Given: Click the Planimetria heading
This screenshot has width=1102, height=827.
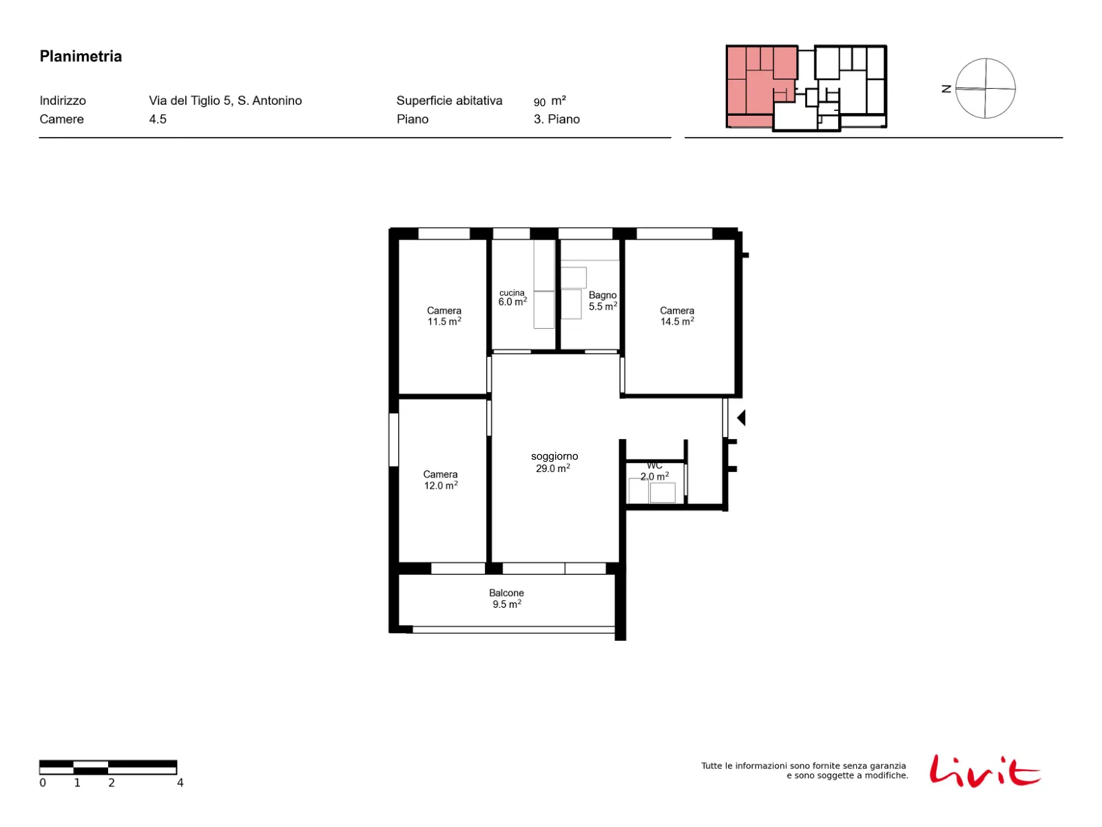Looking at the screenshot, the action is pyautogui.click(x=81, y=57).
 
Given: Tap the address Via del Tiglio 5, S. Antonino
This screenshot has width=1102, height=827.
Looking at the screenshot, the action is pyautogui.click(x=225, y=101).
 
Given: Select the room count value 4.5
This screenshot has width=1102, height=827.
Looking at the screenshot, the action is pyautogui.click(x=158, y=119).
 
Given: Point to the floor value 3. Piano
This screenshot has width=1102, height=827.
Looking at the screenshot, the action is pyautogui.click(x=557, y=119).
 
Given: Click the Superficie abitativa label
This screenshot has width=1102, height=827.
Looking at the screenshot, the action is pyautogui.click(x=449, y=101).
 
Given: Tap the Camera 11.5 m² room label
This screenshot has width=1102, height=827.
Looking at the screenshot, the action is pyautogui.click(x=444, y=316).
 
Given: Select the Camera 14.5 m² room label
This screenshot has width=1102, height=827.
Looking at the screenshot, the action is pyautogui.click(x=677, y=316).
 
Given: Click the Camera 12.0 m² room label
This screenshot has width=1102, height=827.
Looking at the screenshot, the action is pyautogui.click(x=440, y=480).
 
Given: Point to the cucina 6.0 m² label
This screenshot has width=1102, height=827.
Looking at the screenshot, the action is pyautogui.click(x=512, y=297).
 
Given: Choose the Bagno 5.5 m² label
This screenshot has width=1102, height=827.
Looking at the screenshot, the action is pyautogui.click(x=603, y=300).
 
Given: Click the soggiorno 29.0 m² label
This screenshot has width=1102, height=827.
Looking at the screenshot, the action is pyautogui.click(x=554, y=462).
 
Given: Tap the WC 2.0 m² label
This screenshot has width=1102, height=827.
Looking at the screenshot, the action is pyautogui.click(x=654, y=471).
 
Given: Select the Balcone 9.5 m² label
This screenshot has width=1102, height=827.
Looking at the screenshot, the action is pyautogui.click(x=506, y=598).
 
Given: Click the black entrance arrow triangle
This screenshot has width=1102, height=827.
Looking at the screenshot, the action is pyautogui.click(x=741, y=417).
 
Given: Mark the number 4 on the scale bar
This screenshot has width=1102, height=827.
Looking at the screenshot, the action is pyautogui.click(x=180, y=782).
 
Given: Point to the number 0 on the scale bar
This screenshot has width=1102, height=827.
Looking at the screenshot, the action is pyautogui.click(x=43, y=782).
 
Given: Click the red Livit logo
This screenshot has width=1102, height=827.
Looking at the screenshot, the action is pyautogui.click(x=984, y=771).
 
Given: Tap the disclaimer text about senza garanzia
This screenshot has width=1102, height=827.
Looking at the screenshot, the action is pyautogui.click(x=804, y=770).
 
